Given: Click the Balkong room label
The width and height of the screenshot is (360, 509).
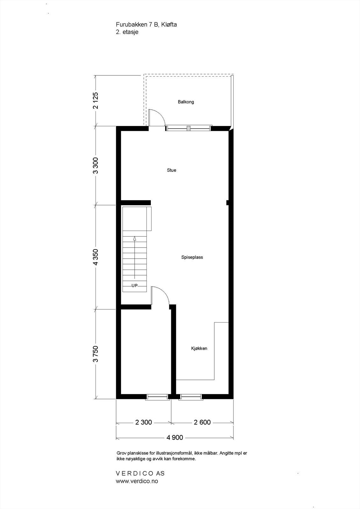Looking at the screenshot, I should click(186, 102).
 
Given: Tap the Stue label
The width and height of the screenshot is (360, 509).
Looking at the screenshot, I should click(172, 170).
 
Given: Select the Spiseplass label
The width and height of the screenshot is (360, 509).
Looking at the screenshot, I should click(192, 257).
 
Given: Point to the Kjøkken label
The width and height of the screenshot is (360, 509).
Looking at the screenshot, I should click(199, 348).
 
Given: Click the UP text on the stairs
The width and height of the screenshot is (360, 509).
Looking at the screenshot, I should click(135, 286).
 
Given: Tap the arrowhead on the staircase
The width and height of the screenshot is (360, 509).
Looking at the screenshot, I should click(135, 238).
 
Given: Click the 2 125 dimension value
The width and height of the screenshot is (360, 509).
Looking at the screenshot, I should click(95, 101).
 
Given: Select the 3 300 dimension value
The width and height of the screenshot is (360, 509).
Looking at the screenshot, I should click(95, 165).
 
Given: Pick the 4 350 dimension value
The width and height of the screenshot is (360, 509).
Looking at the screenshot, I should click(95, 257).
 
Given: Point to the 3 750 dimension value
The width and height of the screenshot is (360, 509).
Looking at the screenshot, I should click(95, 354).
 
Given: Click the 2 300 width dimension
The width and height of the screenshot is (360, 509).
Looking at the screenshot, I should click(144, 422).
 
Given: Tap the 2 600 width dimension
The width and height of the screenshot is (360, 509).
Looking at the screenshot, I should click(202, 422).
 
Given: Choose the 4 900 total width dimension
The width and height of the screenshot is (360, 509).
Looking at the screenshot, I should click(175, 437).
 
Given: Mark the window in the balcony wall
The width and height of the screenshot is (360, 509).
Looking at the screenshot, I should click(188, 128).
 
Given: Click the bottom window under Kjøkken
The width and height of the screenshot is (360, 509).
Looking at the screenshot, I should click(191, 397).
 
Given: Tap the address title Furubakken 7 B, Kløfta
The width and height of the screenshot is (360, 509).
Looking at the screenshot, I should click(146, 24).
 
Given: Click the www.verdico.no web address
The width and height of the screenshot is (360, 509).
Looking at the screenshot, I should click(137, 481).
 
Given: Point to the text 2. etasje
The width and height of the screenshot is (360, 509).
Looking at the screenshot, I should click(127, 32).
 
